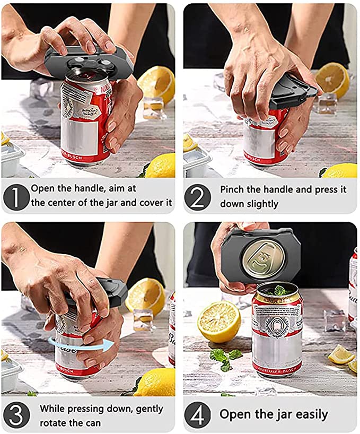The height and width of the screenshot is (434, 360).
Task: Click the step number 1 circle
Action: pyautogui.click(x=16, y=196)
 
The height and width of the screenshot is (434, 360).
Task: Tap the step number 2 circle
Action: pyautogui.click(x=197, y=196)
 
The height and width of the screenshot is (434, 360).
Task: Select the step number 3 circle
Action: pyautogui.click(x=16, y=415)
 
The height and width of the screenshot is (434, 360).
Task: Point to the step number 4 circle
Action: pyautogui.click(x=197, y=415)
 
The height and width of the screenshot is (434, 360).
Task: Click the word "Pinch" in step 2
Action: pyautogui.click(x=234, y=189)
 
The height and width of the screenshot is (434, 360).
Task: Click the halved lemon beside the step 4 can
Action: pyautogui.click(x=218, y=322)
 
